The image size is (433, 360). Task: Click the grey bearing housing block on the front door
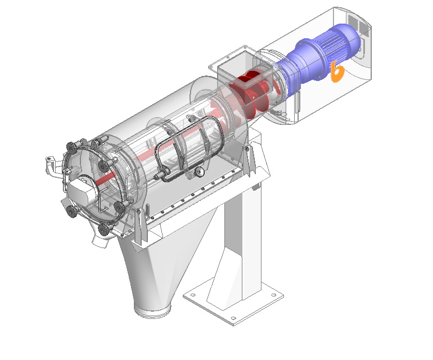coord(82,190)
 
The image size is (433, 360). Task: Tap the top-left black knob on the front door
coord(71,148)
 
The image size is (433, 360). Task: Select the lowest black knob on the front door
coord(103,230)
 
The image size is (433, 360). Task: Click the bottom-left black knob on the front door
coord(71,211)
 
